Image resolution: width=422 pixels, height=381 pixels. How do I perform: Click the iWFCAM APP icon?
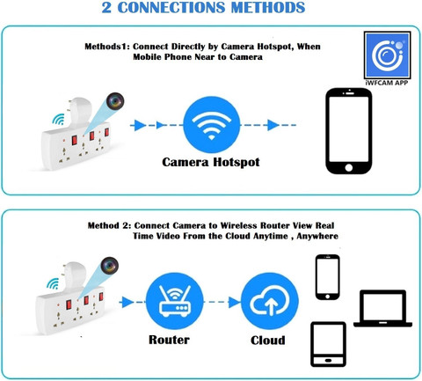387,55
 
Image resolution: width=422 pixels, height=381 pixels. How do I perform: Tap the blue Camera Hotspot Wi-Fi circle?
211,125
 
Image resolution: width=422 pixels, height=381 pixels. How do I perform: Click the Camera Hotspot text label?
211,162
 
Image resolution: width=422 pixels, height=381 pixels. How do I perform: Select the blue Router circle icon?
174,301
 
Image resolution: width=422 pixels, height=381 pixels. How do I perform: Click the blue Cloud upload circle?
270,301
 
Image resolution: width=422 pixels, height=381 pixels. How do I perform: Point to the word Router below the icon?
169,340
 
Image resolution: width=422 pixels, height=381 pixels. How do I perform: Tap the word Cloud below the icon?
268,341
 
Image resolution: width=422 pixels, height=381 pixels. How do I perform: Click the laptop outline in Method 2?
382,308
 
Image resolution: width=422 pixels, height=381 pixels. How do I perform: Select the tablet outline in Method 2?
328,344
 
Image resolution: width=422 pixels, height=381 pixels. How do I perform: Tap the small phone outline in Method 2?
327,277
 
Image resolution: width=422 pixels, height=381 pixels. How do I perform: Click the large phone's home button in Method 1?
349,167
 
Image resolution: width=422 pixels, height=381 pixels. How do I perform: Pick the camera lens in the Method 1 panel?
115,100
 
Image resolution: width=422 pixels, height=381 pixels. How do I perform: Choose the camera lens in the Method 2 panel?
110,266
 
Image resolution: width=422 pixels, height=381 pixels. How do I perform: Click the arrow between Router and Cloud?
222,302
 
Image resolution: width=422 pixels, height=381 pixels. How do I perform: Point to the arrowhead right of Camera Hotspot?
273,125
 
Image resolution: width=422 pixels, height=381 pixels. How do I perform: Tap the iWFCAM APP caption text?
387,83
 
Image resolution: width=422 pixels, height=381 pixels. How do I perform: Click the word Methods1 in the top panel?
107,47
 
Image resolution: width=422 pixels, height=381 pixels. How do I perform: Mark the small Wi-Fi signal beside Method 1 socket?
59,120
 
